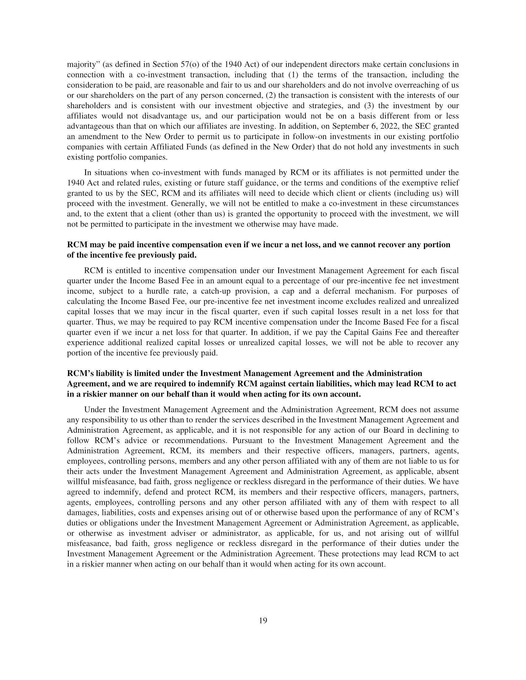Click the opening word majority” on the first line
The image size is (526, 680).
(83, 65)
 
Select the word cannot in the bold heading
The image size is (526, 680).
(363, 244)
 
